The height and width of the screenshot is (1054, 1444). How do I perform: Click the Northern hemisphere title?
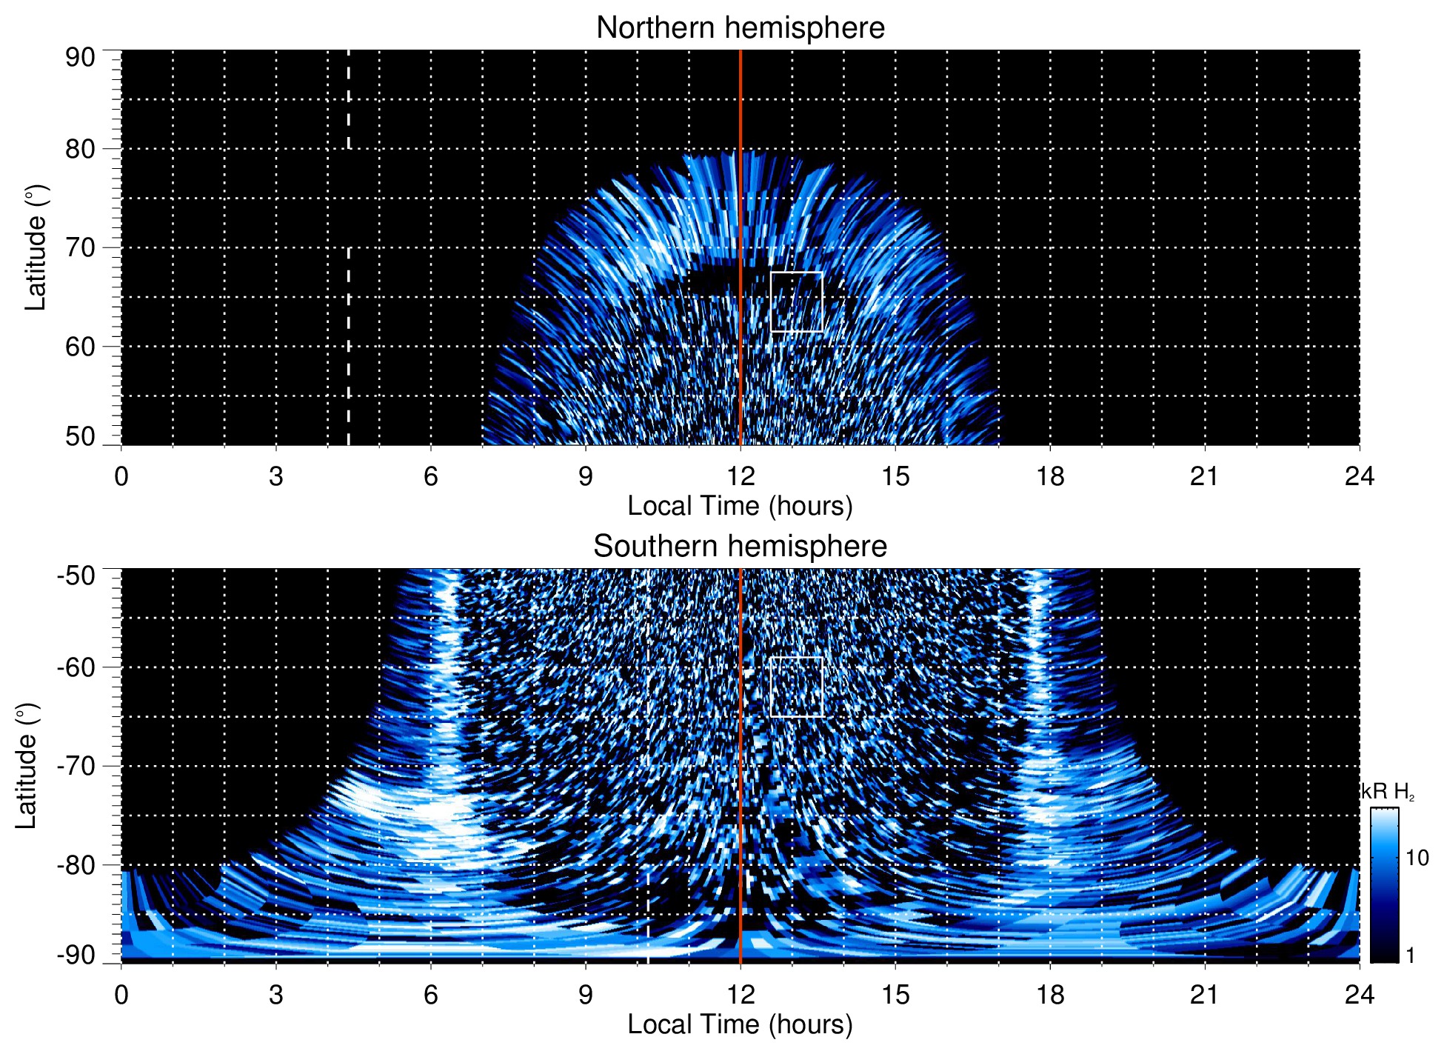pos(740,28)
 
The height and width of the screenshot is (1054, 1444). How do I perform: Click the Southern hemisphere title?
pos(740,547)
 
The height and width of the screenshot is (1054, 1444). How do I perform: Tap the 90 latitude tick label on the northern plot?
pos(80,58)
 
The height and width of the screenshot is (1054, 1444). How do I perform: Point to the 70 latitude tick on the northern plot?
pos(80,247)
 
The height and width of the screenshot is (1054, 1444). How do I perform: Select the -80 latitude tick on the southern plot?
pos(76,864)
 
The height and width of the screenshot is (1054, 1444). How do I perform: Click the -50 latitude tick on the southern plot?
pos(76,576)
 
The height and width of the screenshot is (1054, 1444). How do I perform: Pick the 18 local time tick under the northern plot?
pos(1049,476)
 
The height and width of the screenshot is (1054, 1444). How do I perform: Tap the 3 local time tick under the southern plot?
pos(275,995)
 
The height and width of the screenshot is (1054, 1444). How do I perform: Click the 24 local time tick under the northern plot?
pos(1359,476)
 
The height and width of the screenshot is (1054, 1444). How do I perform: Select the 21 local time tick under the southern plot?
pos(1204,995)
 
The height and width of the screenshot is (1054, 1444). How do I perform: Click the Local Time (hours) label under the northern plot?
pos(740,507)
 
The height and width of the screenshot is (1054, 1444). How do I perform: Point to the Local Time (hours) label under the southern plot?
pos(740,1025)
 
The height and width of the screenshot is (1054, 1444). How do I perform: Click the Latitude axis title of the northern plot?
pos(36,247)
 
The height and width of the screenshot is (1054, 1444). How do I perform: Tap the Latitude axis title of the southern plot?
pos(27,766)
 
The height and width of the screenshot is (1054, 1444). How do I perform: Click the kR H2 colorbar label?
pos(1388,792)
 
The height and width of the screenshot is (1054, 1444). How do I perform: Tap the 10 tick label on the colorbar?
pos(1417,858)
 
